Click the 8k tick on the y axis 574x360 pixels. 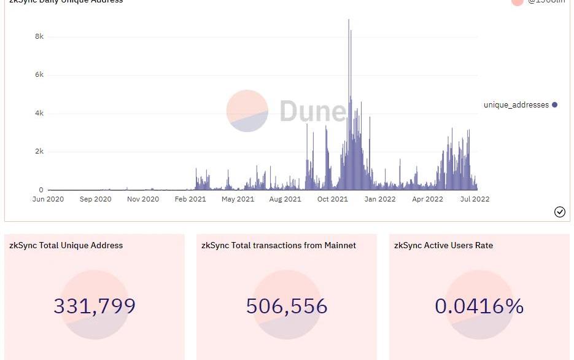(x=39, y=37)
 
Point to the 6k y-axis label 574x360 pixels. (x=39, y=75)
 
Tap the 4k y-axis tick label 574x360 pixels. (x=39, y=114)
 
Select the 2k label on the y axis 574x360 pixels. (x=39, y=152)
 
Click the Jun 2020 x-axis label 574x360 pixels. (x=48, y=199)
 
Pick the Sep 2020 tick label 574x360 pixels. (x=95, y=199)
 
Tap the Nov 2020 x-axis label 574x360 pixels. (x=142, y=199)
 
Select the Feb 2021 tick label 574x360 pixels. (x=190, y=199)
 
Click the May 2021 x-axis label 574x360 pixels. (x=238, y=199)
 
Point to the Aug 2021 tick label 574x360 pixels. (x=285, y=199)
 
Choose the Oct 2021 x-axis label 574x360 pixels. (x=332, y=199)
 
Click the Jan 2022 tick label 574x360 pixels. (x=379, y=199)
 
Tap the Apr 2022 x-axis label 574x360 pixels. (x=427, y=199)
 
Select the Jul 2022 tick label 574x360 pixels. (x=474, y=199)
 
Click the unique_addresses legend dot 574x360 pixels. (x=554, y=105)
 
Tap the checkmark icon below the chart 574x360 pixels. (x=560, y=212)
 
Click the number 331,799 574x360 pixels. (x=95, y=306)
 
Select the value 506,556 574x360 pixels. (x=287, y=306)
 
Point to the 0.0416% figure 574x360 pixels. (x=479, y=306)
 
